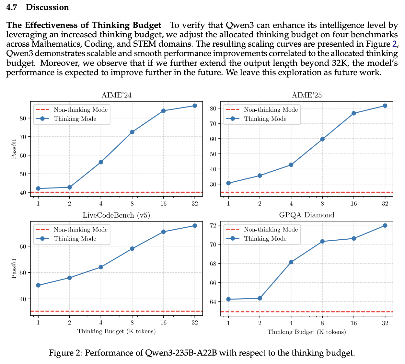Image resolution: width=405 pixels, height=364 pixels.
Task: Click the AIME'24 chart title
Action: (116, 95)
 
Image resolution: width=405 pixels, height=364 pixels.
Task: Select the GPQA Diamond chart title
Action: (307, 215)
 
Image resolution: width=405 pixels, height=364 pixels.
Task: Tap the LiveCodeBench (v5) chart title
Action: (116, 215)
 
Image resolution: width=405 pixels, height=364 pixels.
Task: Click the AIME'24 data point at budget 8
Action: (132, 132)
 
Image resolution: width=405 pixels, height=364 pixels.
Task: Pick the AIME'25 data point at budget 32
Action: (385, 106)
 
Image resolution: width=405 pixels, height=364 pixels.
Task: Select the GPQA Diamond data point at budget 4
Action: (291, 262)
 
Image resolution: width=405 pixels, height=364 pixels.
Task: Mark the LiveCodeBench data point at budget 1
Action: (38, 285)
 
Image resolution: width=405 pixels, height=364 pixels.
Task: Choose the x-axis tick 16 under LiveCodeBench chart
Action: (163, 323)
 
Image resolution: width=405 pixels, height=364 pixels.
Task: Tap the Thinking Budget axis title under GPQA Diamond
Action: (307, 332)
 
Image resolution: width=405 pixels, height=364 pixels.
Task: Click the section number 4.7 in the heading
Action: (12, 7)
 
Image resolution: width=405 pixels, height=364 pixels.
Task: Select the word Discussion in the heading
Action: (47, 7)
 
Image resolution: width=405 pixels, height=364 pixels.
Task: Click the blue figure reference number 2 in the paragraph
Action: (394, 43)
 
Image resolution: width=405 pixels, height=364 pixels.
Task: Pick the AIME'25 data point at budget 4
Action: (291, 165)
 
